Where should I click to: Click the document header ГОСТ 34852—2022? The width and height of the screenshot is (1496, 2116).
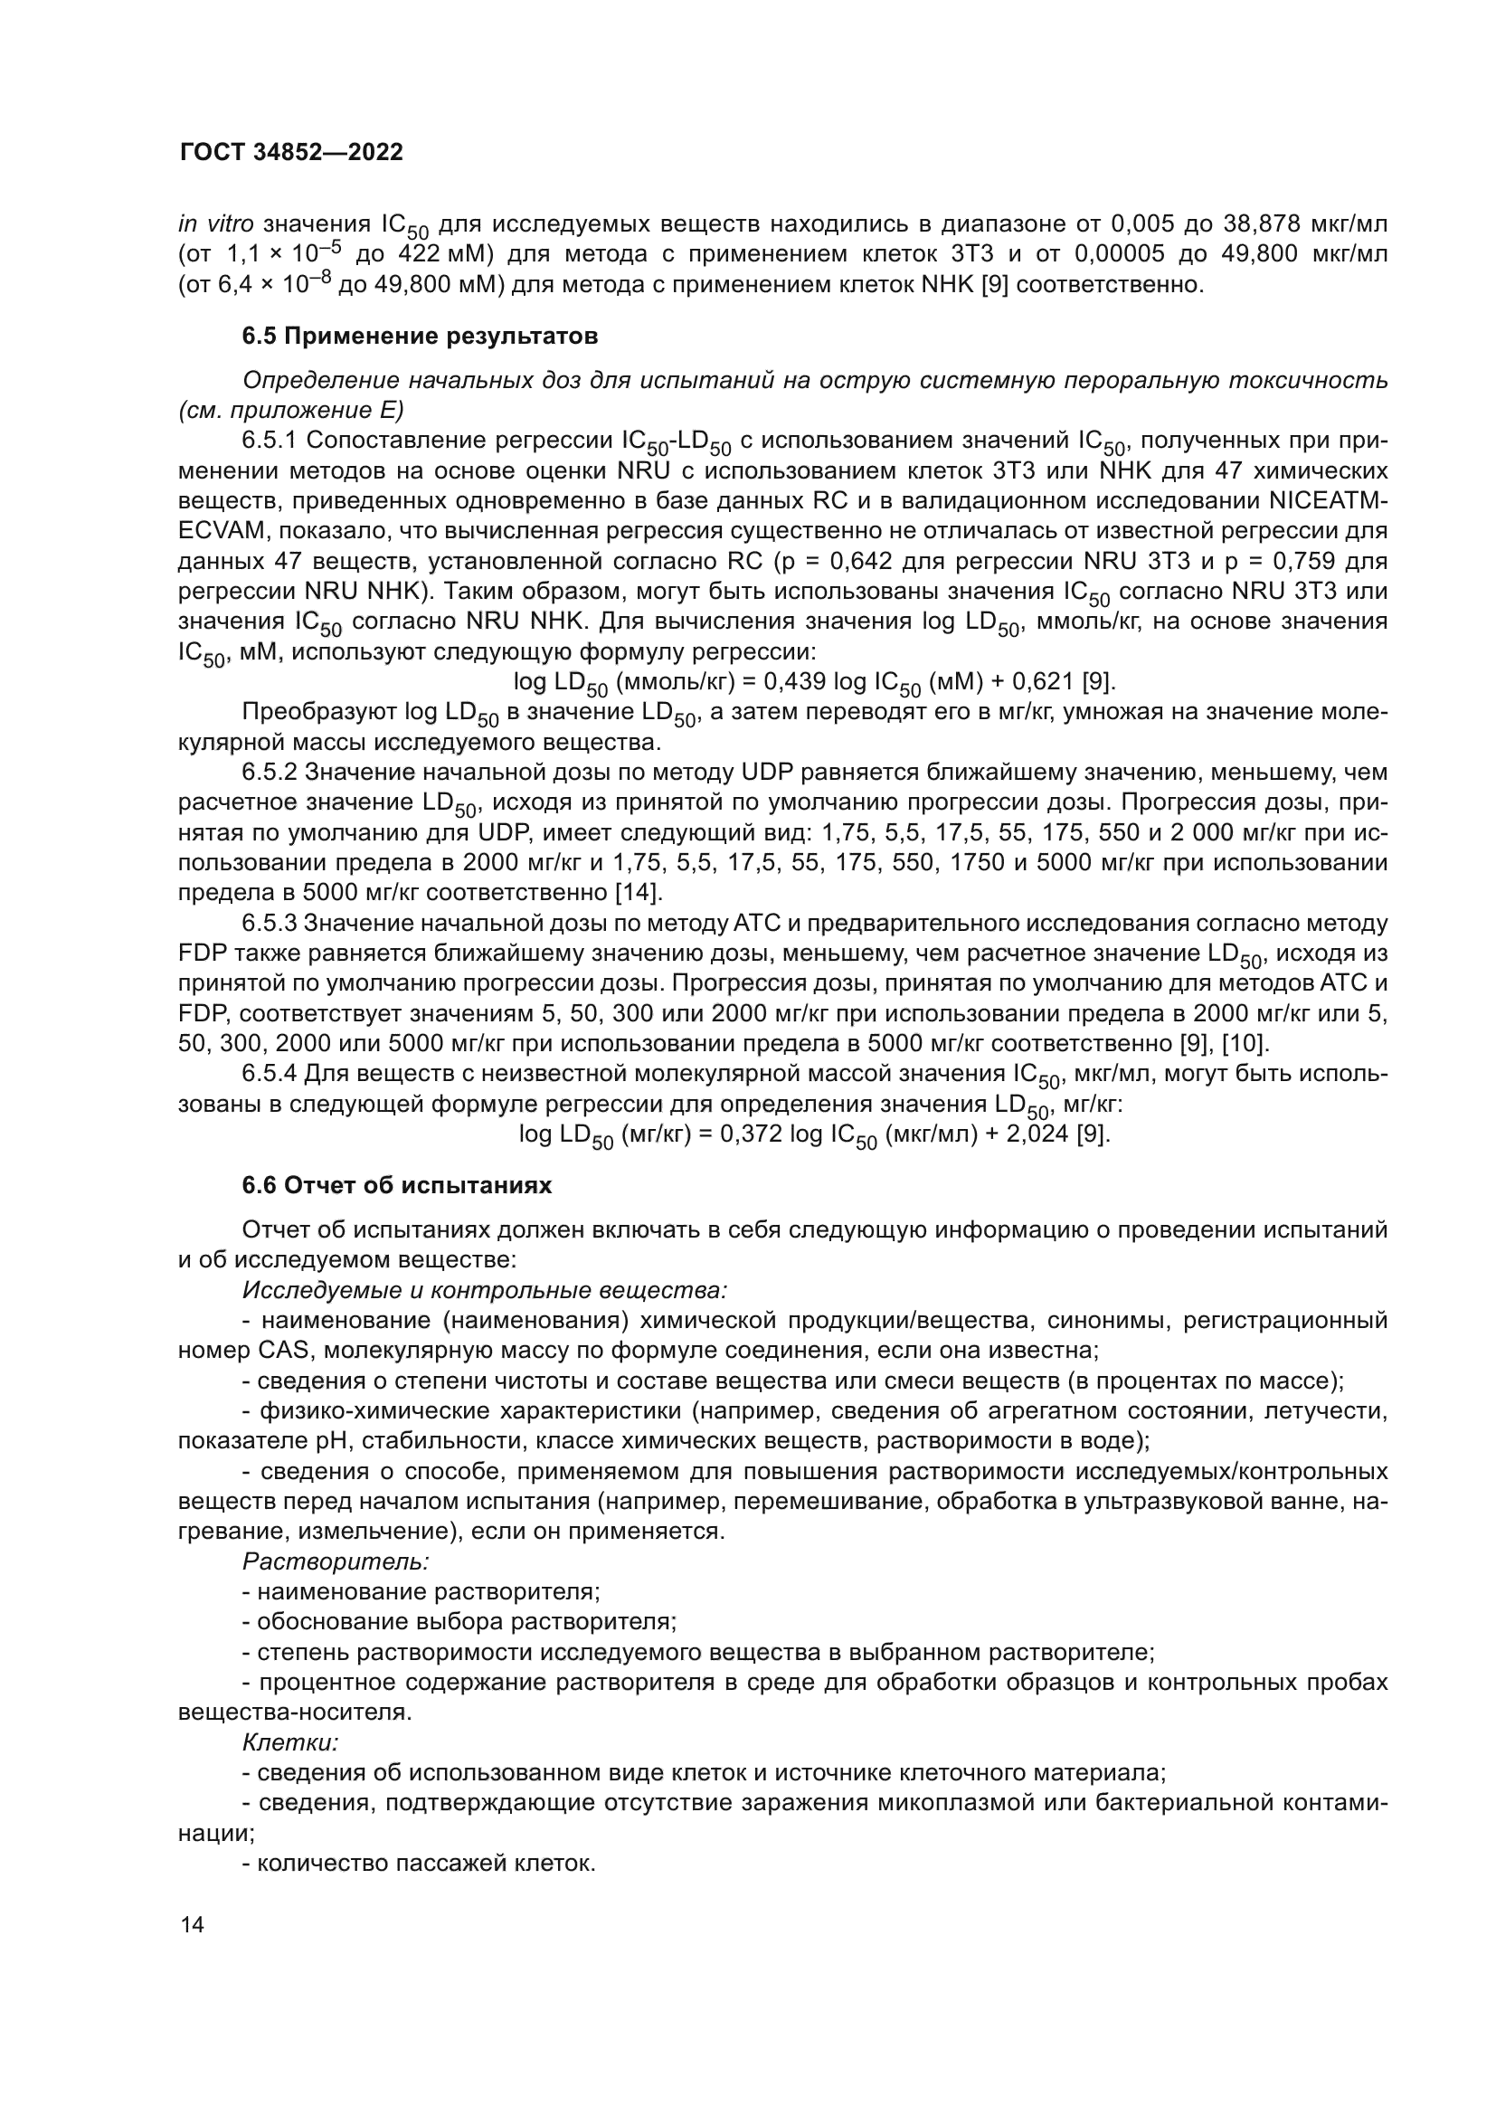[291, 153]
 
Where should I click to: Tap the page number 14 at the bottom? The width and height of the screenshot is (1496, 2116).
[193, 1925]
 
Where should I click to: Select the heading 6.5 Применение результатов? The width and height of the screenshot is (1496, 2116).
[419, 337]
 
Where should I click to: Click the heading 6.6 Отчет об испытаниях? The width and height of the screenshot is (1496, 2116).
[396, 1185]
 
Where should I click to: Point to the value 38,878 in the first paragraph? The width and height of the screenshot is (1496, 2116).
[1261, 224]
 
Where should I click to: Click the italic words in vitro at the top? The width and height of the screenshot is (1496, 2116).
[216, 224]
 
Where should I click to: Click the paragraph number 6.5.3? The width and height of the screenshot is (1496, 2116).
[269, 923]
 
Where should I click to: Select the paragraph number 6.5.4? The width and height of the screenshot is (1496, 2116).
[269, 1074]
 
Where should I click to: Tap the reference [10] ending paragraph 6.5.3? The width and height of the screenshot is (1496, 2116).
[1247, 1043]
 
